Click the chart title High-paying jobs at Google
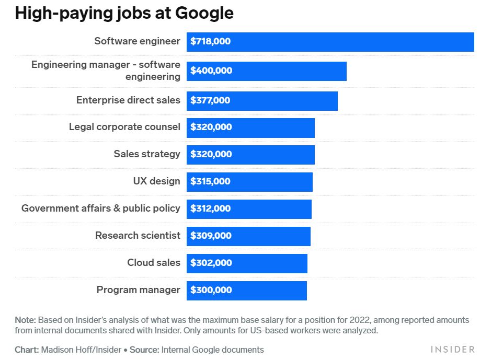pos(124,14)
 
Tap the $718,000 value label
pos(210,42)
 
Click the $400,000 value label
pos(211,71)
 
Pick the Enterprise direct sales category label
pos(128,100)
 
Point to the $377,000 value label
pos(210,100)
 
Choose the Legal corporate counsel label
pos(124,127)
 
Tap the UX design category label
pos(156,181)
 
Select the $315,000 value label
pos(210,182)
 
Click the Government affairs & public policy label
pos(101,208)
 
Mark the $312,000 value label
pos(210,209)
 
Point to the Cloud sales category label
pos(154,263)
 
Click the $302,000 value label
pos(211,263)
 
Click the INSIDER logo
pos(452,349)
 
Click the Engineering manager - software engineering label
pos(106,71)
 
